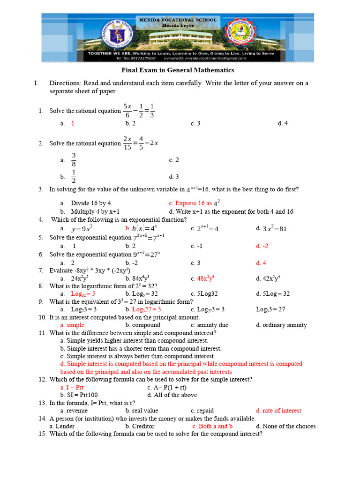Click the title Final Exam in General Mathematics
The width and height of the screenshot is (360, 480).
pos(178,70)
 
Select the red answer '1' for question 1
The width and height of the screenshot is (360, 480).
pos(73,123)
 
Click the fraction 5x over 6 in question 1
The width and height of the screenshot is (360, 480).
pos(127,111)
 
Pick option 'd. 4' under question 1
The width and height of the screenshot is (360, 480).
pos(282,123)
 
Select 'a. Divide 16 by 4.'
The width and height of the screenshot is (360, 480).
pos(89,203)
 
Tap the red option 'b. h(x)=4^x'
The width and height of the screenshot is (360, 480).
pos(141,228)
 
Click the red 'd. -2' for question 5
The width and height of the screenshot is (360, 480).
pos(262,246)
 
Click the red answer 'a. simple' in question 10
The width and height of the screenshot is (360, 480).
pos(72,325)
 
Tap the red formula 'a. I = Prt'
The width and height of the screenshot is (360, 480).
pos(72,388)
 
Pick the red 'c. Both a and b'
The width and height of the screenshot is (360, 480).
pos(212,426)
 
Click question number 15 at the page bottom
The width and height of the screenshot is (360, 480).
pos(42,434)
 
